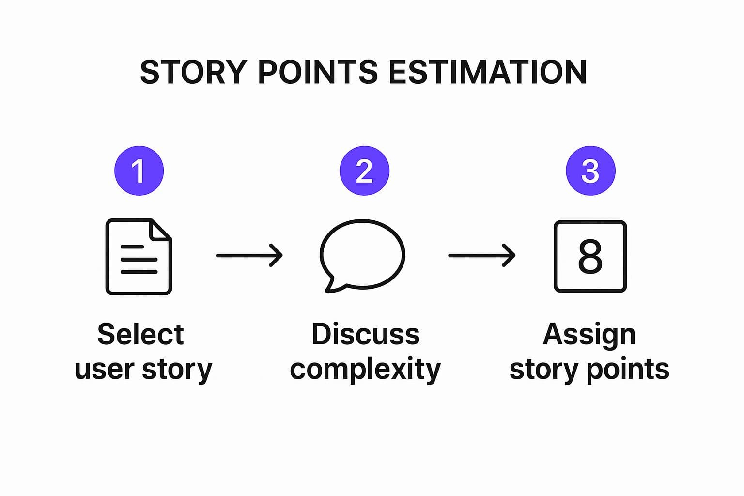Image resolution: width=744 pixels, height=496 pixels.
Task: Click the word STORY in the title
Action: click(194, 72)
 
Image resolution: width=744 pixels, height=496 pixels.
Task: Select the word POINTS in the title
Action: click(318, 72)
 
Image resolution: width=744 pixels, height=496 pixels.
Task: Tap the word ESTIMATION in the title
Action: click(488, 72)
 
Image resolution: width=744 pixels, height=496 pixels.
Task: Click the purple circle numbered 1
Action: click(139, 170)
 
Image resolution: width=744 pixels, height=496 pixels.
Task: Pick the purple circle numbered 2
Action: click(364, 170)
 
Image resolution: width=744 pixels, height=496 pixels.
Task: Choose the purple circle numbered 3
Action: click(590, 170)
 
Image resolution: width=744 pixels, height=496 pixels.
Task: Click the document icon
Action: click(106, 256)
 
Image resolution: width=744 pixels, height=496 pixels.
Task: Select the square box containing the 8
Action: click(555, 256)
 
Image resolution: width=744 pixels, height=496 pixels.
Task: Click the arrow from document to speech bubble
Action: click(249, 255)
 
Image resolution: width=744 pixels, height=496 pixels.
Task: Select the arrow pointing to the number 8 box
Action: click(481, 255)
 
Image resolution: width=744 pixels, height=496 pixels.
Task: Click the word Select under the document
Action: click(140, 334)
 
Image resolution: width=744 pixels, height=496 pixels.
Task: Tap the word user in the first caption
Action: click(105, 370)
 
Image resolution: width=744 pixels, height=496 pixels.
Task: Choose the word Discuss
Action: click(365, 334)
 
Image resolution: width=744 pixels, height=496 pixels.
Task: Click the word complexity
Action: click(365, 370)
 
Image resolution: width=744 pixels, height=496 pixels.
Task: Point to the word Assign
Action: click(589, 336)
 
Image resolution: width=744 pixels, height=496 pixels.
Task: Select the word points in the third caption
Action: click(628, 370)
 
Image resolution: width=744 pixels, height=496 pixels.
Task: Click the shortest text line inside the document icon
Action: click(132, 247)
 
